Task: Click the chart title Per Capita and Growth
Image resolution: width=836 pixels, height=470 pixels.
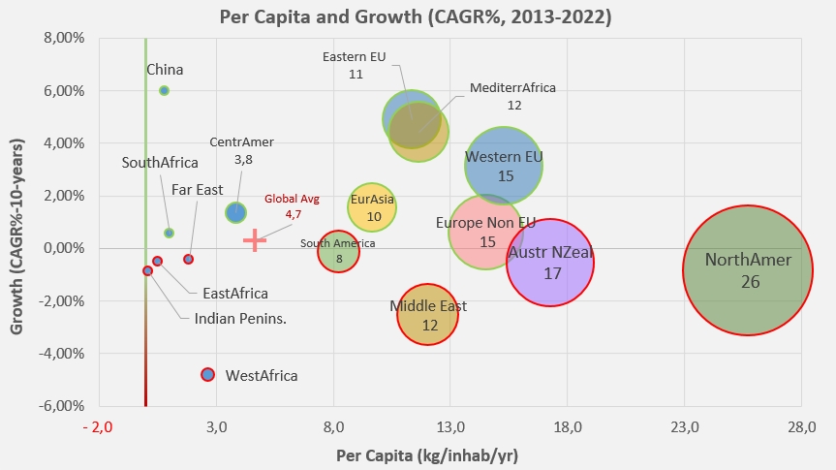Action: coord(417,16)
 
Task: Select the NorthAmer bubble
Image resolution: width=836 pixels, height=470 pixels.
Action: coord(746,269)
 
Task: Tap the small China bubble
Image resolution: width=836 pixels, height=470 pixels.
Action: coord(164,90)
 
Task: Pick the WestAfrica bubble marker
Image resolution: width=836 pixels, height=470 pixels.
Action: coord(207,374)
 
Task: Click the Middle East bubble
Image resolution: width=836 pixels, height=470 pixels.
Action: coord(427,315)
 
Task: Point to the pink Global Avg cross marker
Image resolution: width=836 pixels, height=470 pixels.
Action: coord(254,240)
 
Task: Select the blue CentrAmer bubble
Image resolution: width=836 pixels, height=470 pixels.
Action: coord(235,212)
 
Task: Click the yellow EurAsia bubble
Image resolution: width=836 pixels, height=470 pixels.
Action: coord(373,206)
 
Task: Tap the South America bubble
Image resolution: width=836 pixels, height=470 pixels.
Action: coord(338,252)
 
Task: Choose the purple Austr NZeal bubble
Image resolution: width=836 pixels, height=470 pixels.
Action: coord(549,263)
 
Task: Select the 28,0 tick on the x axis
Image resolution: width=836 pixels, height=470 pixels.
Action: coord(800,426)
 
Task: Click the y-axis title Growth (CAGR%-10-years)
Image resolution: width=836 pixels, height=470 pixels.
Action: coord(16,221)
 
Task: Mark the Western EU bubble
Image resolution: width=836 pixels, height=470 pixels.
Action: coord(504,166)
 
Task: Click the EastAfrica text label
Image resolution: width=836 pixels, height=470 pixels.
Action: coord(235,293)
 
